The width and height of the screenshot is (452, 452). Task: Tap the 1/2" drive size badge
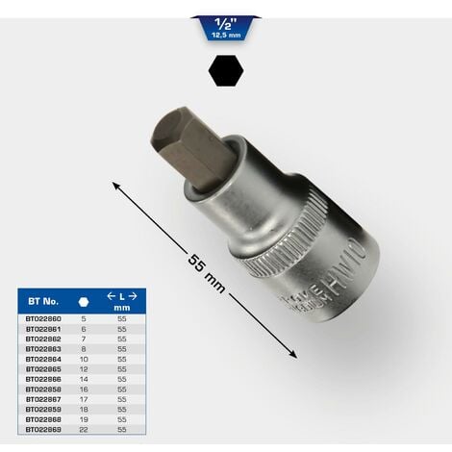coord(226,27)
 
